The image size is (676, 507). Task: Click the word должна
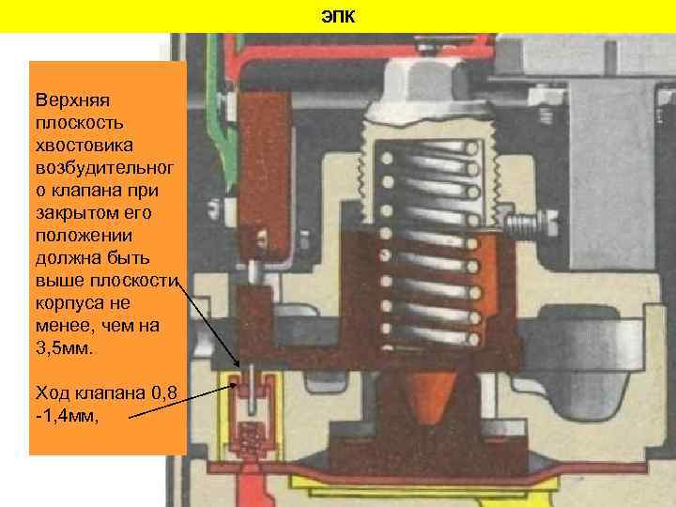[x=63, y=258]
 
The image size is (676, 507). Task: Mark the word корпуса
[x=66, y=304]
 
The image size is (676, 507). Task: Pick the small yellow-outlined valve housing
[x=251, y=413]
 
